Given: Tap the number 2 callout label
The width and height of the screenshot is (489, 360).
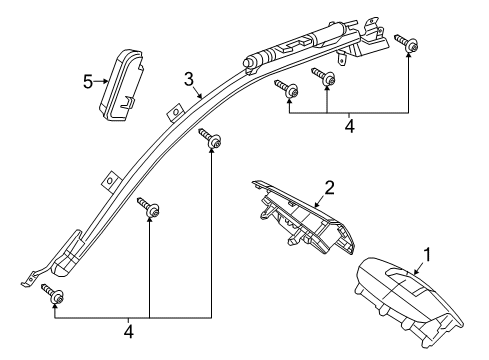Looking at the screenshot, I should click(327, 187).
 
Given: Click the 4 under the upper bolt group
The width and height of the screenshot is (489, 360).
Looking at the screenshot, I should click(349, 126).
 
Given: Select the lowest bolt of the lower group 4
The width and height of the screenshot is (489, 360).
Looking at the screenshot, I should click(55, 294).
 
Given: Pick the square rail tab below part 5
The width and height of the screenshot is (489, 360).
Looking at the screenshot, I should click(104, 183).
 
